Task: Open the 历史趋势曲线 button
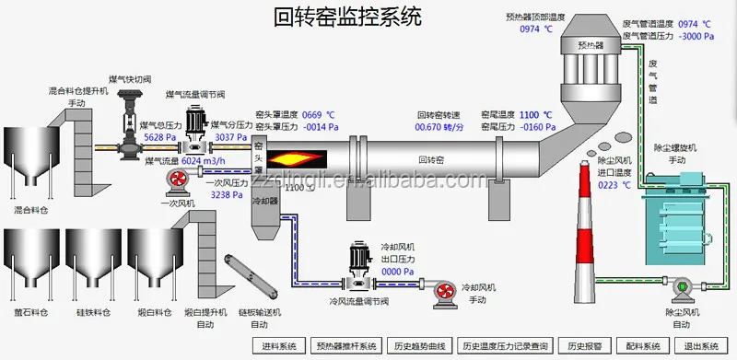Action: click(419, 346)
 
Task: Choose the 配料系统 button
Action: click(641, 346)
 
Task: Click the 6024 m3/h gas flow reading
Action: click(204, 160)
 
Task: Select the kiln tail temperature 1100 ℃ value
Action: click(536, 115)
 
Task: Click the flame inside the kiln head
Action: click(291, 156)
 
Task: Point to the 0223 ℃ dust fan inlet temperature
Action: click(614, 184)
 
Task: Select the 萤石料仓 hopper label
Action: click(30, 312)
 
